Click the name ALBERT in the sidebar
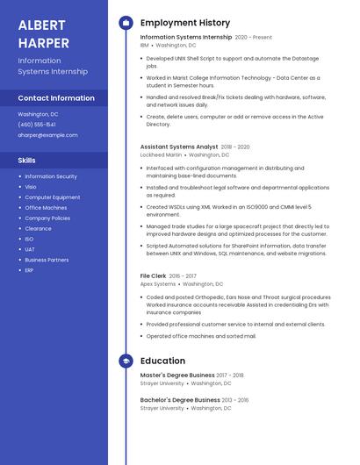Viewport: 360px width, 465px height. pos(41,24)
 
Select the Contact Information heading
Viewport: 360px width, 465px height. pos(56,98)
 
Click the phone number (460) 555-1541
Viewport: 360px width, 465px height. pos(37,125)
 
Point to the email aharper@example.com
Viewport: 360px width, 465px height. pos(47,135)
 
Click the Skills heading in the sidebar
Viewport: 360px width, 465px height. pos(27,161)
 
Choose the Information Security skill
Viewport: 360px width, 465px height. pos(51,176)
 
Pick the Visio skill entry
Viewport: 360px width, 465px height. pos(31,187)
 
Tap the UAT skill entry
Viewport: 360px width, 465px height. pos(30,249)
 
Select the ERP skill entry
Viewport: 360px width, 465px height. pos(30,270)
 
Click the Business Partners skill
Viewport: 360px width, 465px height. pos(47,260)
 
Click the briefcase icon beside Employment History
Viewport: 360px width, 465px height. pos(126,23)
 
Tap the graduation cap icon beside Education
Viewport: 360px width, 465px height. pos(126,361)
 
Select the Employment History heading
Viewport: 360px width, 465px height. pos(185,23)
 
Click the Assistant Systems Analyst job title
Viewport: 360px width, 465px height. pos(179,147)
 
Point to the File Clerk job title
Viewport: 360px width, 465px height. pos(154,276)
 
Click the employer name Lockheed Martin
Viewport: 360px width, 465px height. pos(161,154)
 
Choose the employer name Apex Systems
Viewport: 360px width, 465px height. pos(158,284)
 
